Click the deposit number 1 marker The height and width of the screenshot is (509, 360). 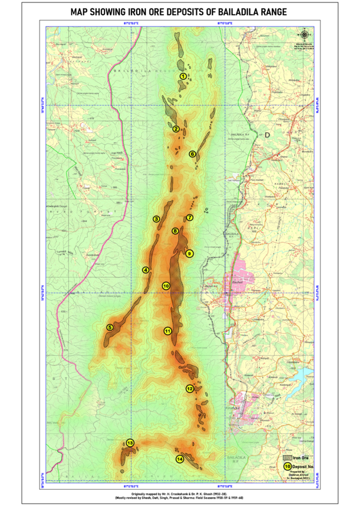[184, 76]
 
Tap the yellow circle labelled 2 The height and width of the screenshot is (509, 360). [176, 128]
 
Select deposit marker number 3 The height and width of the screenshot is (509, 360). [156, 220]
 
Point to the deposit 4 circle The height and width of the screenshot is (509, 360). [145, 270]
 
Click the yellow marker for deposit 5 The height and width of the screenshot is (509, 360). [110, 327]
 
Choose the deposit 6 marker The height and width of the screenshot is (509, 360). [193, 154]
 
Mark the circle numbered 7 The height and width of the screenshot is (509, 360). [189, 217]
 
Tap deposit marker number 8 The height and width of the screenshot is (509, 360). [175, 230]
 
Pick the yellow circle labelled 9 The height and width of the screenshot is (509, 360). [189, 253]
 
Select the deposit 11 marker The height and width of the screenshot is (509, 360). [167, 331]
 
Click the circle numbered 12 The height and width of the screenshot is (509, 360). [190, 388]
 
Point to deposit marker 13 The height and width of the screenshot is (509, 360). [130, 443]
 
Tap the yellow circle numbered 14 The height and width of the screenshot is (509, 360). [179, 459]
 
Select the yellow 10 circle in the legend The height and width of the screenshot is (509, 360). [287, 466]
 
